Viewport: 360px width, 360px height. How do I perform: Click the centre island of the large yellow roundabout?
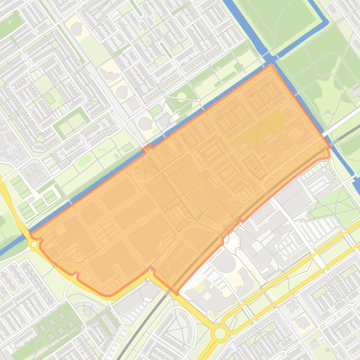point(220,334)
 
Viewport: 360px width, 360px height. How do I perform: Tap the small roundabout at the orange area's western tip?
point(34,244)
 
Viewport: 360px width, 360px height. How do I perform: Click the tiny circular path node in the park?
point(328,112)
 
